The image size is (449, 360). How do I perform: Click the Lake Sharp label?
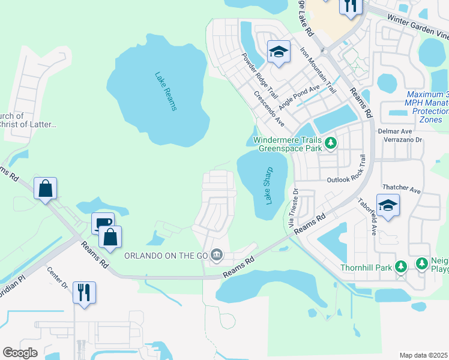tap(268, 185)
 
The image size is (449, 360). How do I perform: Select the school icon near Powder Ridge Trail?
tap(279, 52)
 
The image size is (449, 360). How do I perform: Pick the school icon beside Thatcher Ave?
tap(388, 206)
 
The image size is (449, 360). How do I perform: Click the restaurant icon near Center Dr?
tap(84, 293)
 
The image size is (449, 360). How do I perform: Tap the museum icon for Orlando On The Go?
tap(217, 256)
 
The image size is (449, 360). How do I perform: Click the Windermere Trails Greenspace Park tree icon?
tap(331, 143)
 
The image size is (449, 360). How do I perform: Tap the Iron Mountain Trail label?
tap(318, 70)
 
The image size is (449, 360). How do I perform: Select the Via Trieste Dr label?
tap(293, 208)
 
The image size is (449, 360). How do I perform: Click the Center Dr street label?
tap(58, 278)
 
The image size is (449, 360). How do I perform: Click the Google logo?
tap(20, 353)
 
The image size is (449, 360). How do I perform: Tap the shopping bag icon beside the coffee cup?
tap(110, 237)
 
